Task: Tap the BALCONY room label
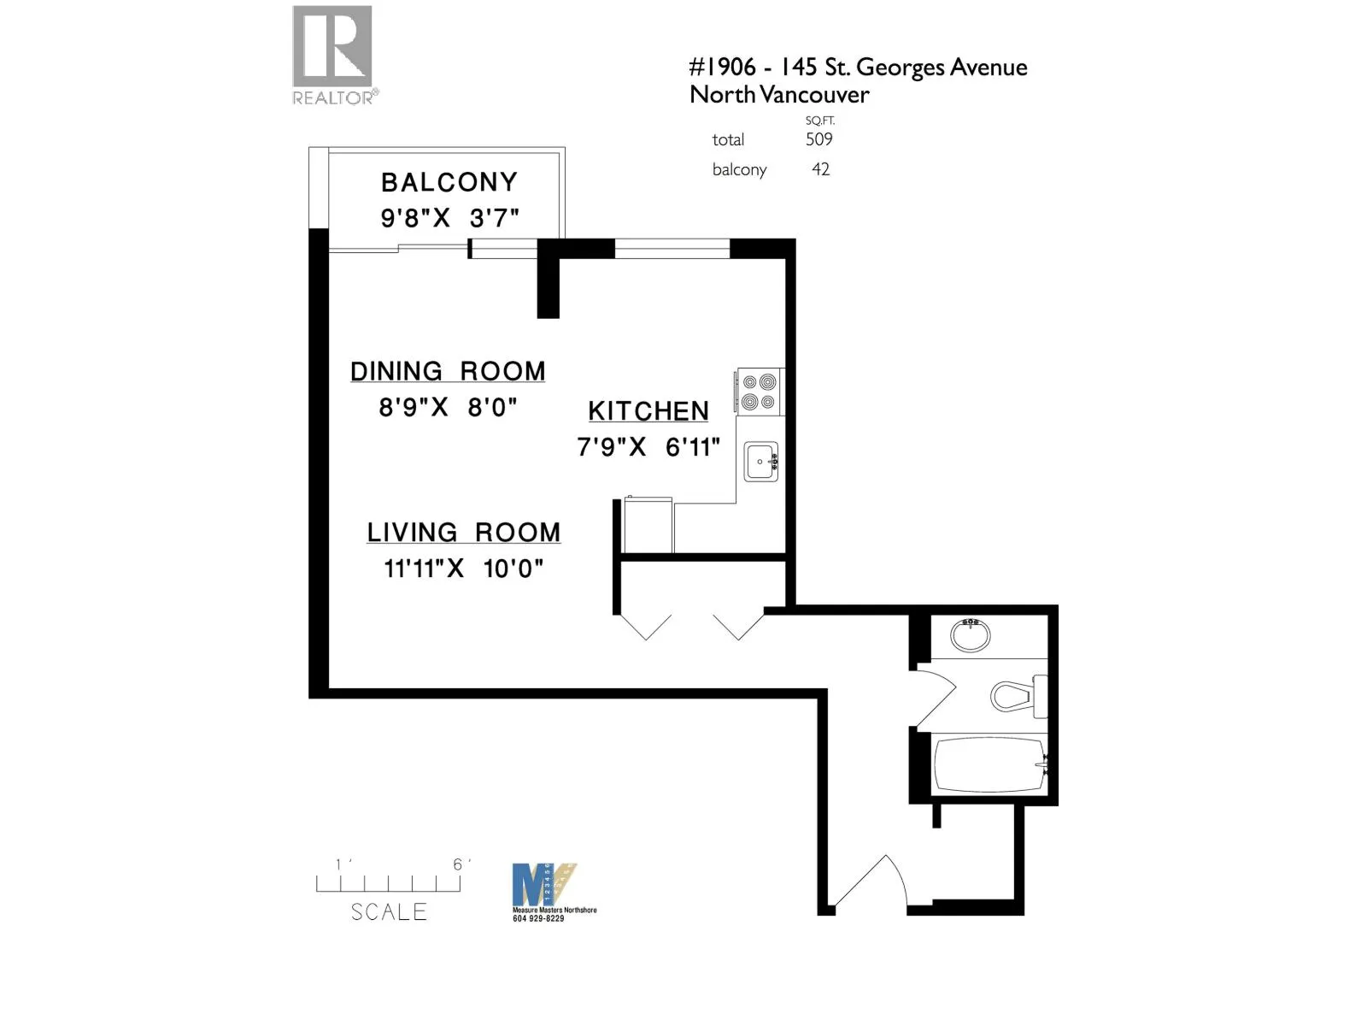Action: [x=449, y=182]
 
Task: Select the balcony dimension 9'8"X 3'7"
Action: [x=449, y=218]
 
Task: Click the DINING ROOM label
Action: [x=448, y=371]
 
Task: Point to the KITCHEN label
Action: [x=648, y=411]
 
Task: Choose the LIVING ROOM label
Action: [x=464, y=532]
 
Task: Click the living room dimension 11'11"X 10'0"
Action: [x=464, y=569]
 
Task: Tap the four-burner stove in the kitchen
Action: [x=759, y=392]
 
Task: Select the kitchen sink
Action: [x=760, y=462]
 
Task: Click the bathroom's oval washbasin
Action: [x=971, y=635]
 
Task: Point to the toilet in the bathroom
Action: [x=1017, y=695]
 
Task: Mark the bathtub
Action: [x=989, y=764]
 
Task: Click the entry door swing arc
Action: [x=871, y=881]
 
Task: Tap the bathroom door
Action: [x=936, y=697]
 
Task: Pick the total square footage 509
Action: [x=818, y=139]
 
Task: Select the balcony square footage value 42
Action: [x=820, y=169]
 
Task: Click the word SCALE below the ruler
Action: [x=389, y=912]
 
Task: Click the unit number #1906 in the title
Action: [x=723, y=68]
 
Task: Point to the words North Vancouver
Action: [x=779, y=95]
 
